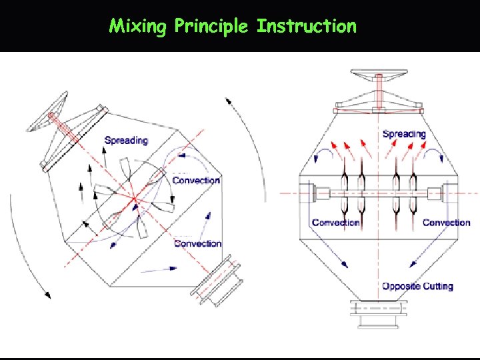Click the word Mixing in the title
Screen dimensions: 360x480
pos(138,27)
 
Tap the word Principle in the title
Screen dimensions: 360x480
pos(211,27)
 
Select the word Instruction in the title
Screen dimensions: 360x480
pos(307,27)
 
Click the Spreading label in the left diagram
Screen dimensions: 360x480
pos(126,140)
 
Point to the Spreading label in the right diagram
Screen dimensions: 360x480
pos(404,134)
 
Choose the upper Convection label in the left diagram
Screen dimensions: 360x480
pos(196,180)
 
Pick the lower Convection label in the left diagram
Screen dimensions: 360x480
pos(197,243)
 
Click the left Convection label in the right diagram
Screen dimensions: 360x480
pos(335,223)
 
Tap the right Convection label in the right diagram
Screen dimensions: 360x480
pos(446,223)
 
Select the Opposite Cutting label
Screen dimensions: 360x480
pos(417,286)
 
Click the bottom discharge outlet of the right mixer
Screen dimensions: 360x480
pos(378,313)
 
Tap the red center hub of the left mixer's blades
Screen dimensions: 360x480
pos(134,198)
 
